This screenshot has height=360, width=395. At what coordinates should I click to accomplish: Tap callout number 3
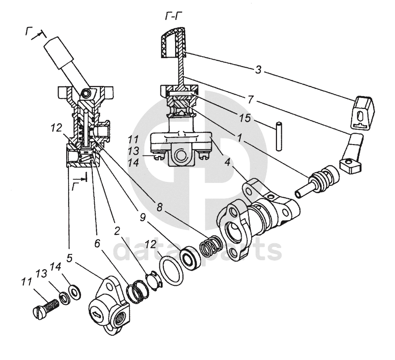258,70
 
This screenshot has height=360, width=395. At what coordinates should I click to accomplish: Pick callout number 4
227,162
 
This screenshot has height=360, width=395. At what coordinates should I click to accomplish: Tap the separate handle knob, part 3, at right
363,111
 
